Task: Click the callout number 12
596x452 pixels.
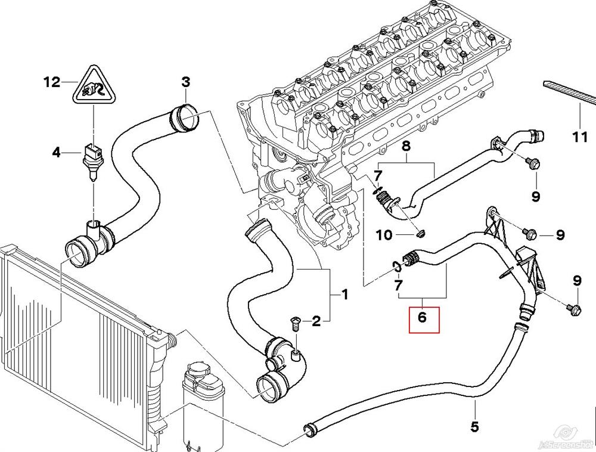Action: (x=52, y=82)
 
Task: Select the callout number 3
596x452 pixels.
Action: (x=185, y=82)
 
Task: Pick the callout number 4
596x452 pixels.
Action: (x=56, y=153)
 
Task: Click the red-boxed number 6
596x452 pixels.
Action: (x=423, y=318)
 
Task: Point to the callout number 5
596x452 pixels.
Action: (x=475, y=427)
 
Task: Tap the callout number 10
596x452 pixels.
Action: (x=384, y=235)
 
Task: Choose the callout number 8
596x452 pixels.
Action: (x=406, y=145)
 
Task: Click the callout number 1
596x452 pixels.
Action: (x=344, y=295)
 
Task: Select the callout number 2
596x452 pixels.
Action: (x=316, y=322)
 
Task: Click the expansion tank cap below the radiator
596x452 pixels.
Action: (x=200, y=374)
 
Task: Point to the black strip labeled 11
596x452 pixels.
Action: (x=569, y=92)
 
